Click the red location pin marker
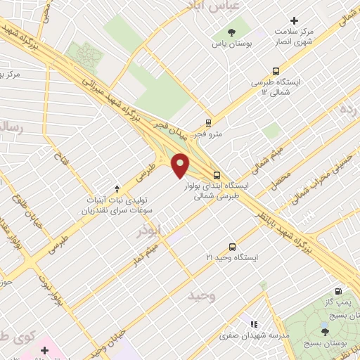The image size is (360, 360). click(x=181, y=165)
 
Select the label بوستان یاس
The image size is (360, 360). click(x=231, y=44)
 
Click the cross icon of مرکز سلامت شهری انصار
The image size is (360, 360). click(x=295, y=21)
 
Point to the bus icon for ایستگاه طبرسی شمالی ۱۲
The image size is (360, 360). click(x=275, y=71)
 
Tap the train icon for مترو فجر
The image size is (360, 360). click(x=208, y=122)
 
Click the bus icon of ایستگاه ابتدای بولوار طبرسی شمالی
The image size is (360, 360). click(x=217, y=174)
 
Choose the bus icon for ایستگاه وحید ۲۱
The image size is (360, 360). click(x=233, y=247)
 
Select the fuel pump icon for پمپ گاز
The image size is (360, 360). click(x=339, y=291)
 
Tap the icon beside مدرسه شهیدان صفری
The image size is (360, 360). click(x=254, y=324)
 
